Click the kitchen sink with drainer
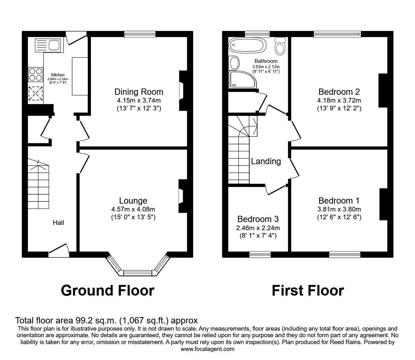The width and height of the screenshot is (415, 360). pos(48,45)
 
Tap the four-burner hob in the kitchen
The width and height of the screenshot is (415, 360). pos(36,74)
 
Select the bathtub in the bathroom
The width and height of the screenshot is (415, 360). pos(247,46)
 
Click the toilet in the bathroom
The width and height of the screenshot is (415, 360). pos(280,46)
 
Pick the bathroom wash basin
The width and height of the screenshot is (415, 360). pos(234,63)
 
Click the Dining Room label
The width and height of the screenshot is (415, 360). pos(139,92)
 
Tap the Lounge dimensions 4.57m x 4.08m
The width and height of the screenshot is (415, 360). pos(133,209)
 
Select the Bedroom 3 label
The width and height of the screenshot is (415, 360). pos(258,219)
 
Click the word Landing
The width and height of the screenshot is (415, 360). pos(266,161)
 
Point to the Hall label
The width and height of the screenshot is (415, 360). pos(58,223)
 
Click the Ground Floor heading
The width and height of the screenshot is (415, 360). pos(107,291)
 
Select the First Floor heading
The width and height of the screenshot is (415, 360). pos(308,291)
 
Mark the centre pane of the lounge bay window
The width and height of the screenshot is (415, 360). pos(138,273)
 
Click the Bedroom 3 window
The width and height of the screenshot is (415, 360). pos(260,255)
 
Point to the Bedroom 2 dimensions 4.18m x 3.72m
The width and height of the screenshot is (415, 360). pos(339,100)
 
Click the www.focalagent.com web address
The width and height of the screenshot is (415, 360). pos(207,349)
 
